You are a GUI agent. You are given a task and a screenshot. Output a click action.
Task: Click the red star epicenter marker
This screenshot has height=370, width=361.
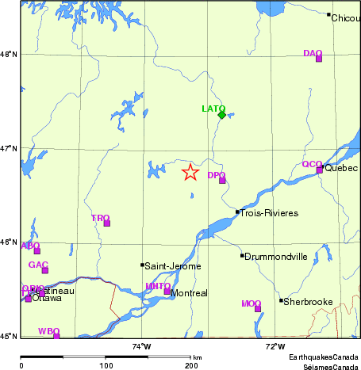(190, 172)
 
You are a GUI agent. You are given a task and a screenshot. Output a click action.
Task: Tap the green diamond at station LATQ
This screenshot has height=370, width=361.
(221, 115)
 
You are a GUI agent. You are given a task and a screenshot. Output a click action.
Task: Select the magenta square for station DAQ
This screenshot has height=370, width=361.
(319, 58)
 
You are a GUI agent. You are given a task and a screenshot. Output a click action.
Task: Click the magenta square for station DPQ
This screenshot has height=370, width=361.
(222, 180)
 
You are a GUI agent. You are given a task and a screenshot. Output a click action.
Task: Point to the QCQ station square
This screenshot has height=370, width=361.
(320, 170)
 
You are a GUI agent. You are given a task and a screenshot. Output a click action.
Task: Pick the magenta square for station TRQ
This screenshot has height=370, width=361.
(107, 223)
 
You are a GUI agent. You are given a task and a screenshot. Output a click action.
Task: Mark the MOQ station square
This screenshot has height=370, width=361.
(258, 308)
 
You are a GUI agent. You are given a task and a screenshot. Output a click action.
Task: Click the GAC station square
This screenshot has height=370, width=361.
(45, 270)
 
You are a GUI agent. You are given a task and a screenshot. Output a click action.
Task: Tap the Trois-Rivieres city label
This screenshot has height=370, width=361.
(269, 213)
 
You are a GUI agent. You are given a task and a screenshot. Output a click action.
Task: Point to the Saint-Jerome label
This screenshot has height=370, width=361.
(172, 266)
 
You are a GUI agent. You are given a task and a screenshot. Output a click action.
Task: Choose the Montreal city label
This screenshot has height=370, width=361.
(190, 293)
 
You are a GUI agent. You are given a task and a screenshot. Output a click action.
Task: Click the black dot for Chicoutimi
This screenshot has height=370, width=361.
(328, 14)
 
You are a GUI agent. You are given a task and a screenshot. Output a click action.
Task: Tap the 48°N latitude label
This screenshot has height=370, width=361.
(9, 54)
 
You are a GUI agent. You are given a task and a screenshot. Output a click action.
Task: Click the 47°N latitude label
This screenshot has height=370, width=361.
(9, 148)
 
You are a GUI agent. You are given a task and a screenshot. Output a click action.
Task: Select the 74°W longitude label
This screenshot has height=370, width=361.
(141, 346)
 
